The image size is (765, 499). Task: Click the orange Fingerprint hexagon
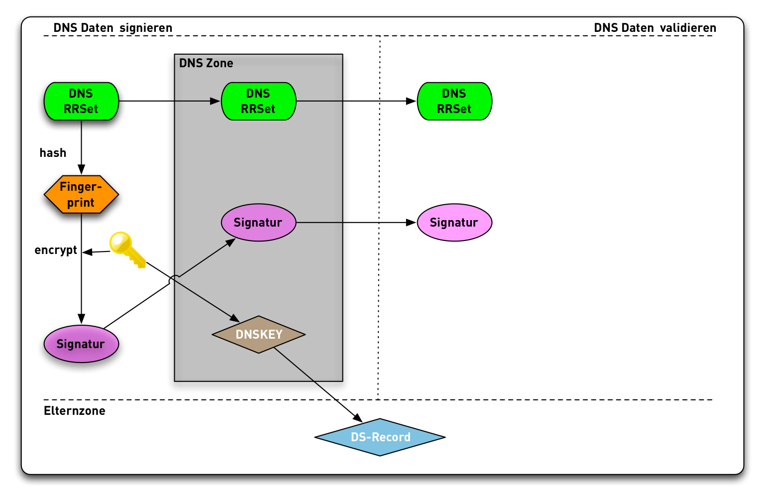(81, 195)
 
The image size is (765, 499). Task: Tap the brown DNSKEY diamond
(259, 335)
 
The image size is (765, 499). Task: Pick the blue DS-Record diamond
(380, 437)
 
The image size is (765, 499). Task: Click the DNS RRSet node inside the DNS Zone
(258, 101)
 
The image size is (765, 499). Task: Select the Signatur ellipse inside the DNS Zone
(258, 223)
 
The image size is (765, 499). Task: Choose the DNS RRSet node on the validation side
(454, 101)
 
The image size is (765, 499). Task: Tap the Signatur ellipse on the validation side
(454, 223)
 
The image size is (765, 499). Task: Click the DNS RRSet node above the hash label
(81, 101)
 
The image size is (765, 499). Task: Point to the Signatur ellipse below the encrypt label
(81, 344)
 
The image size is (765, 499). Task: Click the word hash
(53, 153)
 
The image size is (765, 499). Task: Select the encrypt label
(56, 250)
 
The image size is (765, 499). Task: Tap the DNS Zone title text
(206, 63)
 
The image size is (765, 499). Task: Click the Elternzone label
(75, 411)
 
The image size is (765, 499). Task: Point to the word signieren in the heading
(146, 28)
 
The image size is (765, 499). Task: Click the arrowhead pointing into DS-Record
(357, 418)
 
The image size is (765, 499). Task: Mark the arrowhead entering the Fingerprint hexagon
(81, 170)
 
